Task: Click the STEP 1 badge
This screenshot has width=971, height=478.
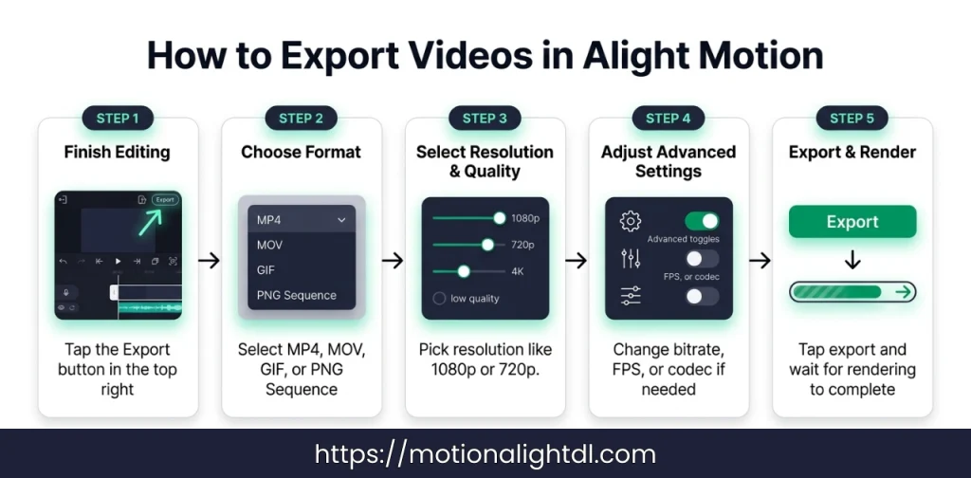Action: pos(118,119)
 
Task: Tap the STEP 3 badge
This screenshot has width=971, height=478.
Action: pos(485,119)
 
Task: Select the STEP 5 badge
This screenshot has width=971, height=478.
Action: pos(852,119)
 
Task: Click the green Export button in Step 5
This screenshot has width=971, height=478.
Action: pos(852,222)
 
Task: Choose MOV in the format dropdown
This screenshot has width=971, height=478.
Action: pos(270,245)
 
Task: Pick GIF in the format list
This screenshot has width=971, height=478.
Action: pos(266,269)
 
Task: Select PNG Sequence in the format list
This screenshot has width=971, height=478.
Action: pos(296,295)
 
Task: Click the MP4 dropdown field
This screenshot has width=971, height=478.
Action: pos(301,220)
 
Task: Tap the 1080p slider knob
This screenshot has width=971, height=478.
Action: pos(499,218)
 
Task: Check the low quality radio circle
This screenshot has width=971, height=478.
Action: pos(439,299)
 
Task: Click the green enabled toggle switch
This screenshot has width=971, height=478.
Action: pos(702,221)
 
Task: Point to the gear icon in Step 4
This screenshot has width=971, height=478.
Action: pos(631,222)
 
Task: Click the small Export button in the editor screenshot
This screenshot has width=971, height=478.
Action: pos(165,200)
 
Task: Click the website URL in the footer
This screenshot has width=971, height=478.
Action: pos(485,454)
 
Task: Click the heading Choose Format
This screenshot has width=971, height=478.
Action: pos(302,152)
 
